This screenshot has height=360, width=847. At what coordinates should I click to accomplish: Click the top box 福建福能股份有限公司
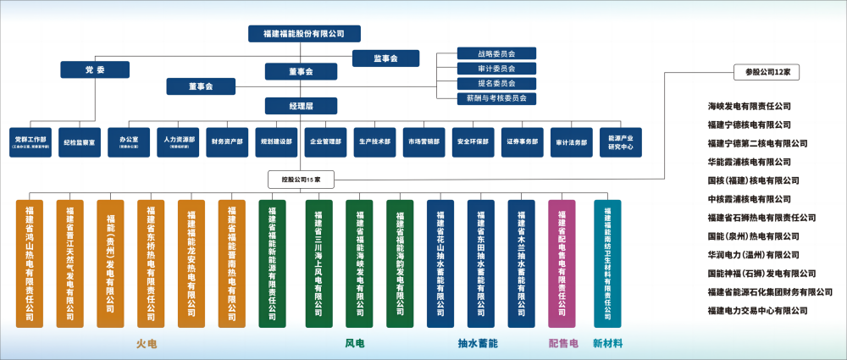point(304,33)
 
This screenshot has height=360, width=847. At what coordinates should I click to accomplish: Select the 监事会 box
point(385,58)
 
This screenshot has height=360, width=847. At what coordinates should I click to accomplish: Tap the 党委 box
point(95,69)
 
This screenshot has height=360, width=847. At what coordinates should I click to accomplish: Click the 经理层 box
point(301,106)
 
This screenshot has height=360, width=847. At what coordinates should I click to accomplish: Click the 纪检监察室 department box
point(82,142)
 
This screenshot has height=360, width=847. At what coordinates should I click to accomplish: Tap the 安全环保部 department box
point(473,142)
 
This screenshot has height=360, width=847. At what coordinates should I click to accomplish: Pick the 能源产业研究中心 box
point(621,142)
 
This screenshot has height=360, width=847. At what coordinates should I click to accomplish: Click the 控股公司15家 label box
point(302,180)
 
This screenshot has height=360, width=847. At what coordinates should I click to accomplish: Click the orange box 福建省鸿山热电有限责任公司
point(30,263)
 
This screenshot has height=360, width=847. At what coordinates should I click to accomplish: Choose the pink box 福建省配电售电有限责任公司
point(562,263)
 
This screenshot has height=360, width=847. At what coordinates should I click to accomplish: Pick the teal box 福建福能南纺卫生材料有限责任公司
point(607,263)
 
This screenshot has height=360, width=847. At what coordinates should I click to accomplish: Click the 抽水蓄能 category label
point(478,344)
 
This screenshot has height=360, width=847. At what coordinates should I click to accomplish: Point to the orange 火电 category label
point(147,344)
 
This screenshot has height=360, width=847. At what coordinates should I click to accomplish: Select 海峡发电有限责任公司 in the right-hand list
point(749,107)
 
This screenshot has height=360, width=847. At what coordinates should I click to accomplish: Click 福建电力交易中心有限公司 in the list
point(756,310)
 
